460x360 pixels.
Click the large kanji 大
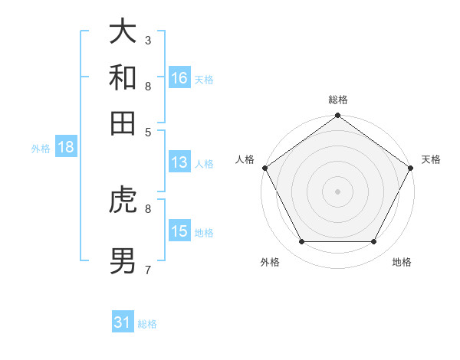tap(123, 31)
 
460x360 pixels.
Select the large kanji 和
tap(123, 77)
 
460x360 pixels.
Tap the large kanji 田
tap(123, 123)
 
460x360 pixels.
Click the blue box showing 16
tap(179, 78)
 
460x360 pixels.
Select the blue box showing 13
tap(179, 162)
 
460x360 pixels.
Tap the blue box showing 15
tap(179, 231)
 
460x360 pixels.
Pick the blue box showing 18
tap(66, 148)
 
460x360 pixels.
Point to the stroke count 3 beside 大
tap(148, 40)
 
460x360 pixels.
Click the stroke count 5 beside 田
tap(148, 132)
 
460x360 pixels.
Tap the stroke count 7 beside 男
tap(148, 270)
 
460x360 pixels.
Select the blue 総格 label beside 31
tap(147, 324)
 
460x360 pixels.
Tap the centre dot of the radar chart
tap(337, 191)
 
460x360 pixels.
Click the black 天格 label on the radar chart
tap(432, 159)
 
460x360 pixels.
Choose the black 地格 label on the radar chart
tap(402, 262)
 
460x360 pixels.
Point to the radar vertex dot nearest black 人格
tap(265, 168)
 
